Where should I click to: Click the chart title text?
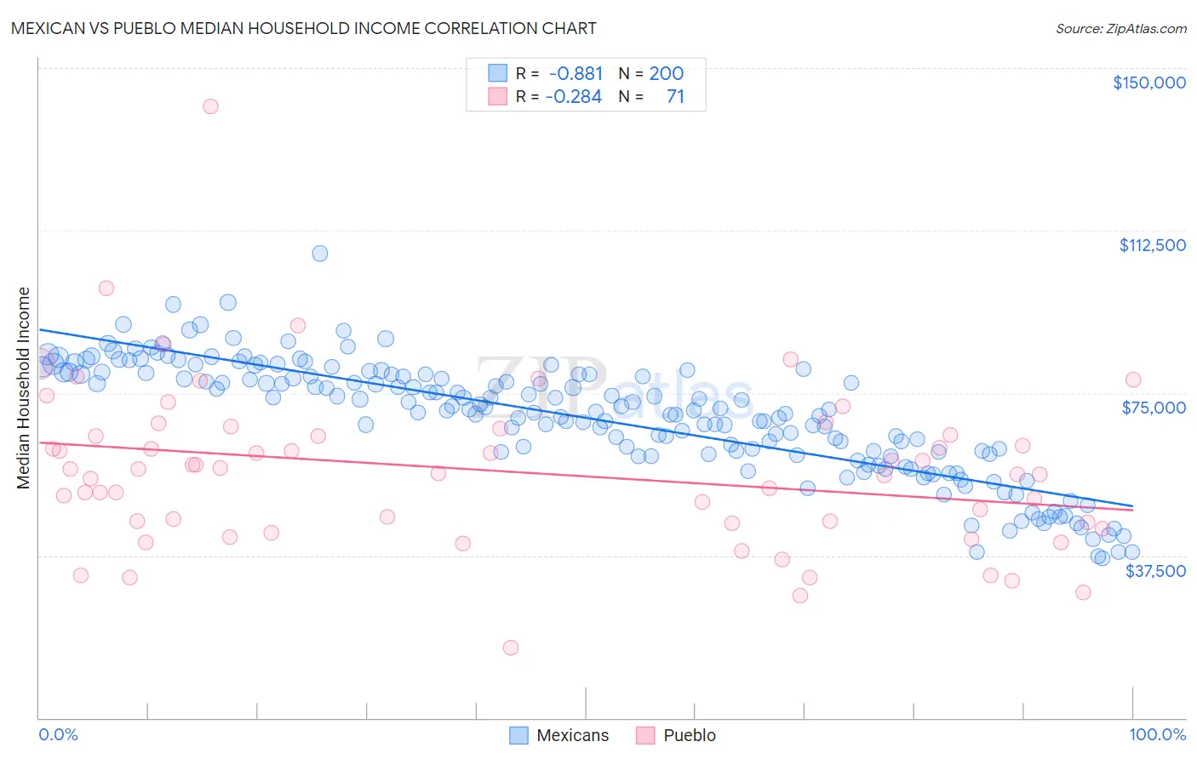click(303, 28)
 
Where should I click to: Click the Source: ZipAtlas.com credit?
click(1120, 28)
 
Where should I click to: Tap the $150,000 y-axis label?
click(1148, 83)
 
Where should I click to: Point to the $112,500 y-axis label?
click(1151, 245)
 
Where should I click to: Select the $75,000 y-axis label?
click(1153, 408)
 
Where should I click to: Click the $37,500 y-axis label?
click(1154, 571)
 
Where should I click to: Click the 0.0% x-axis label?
click(58, 734)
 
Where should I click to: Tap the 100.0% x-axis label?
click(1157, 734)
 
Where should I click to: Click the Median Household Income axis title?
click(23, 388)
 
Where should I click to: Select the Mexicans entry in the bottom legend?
click(572, 735)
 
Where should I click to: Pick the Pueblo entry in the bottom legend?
click(689, 735)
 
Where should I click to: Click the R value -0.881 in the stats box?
click(576, 73)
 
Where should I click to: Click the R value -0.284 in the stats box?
click(574, 96)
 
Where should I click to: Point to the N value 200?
click(666, 73)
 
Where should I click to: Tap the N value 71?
click(675, 96)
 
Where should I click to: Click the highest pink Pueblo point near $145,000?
click(210, 106)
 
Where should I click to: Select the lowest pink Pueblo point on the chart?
click(511, 648)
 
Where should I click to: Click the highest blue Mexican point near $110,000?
click(320, 254)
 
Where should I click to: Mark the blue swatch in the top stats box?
click(497, 73)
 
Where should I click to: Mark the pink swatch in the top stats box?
click(497, 96)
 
